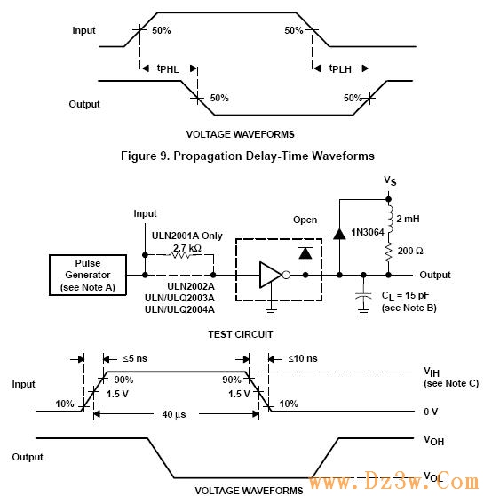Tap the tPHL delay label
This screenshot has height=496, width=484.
pos(168,68)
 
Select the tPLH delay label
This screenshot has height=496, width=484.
pos(340,68)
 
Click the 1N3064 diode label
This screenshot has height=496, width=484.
pos(368,232)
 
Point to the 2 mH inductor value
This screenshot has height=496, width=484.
pos(408,219)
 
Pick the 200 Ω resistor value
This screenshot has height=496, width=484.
pos(410,251)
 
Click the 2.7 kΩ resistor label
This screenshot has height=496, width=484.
pos(187,248)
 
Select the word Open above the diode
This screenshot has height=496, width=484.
pos(305,220)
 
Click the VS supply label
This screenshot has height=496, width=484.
pos(390,180)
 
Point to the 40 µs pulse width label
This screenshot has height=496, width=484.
pos(174,414)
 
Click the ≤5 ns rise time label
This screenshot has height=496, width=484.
pos(135,358)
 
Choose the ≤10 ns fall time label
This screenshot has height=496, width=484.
pos(303,358)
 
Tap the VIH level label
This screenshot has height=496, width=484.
pos(432,372)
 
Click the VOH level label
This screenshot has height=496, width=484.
pos(433,440)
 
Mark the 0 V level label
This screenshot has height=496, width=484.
pos(431,412)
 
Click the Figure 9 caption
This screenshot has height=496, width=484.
pos(248,156)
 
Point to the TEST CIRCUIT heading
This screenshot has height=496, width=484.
pos(241,334)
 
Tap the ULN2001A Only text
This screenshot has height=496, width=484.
pos(187,236)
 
